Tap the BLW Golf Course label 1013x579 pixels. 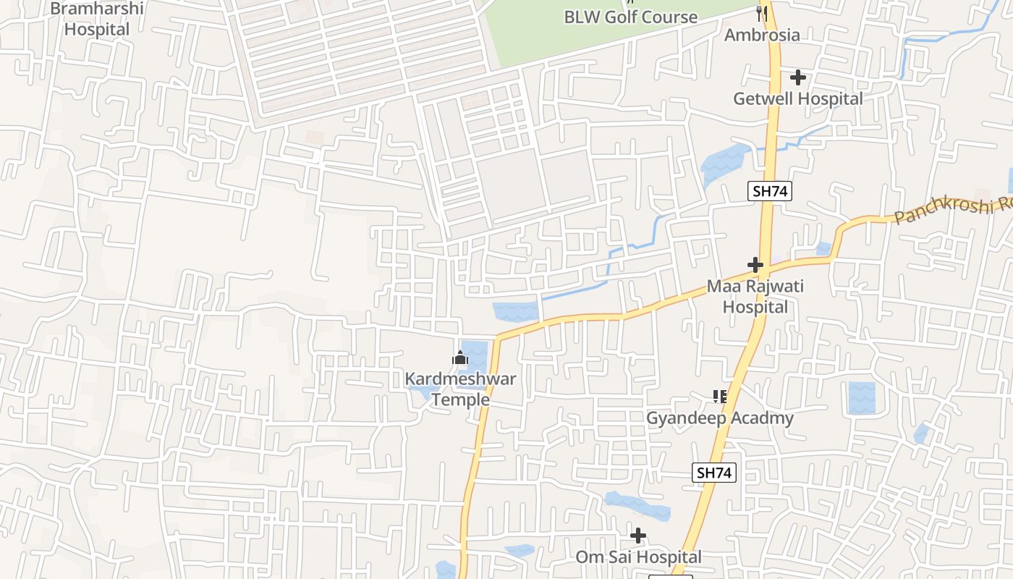pos(630,17)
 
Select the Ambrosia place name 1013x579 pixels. pos(762,35)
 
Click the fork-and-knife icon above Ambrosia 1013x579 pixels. pos(761,12)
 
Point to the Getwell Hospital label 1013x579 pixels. pos(797,98)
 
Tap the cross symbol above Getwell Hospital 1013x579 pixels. pos(798,77)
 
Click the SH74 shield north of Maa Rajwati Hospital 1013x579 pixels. pos(770,191)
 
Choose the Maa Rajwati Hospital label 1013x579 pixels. pos(755,296)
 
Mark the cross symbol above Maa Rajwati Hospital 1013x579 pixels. pos(755,265)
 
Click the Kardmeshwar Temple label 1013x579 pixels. pos(460,389)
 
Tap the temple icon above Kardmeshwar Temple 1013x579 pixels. pos(459,358)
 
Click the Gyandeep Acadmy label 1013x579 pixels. pos(719,418)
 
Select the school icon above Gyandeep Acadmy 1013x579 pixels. pos(719,396)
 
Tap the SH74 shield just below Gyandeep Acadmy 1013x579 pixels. pos(714,473)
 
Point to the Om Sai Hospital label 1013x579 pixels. pos(638,557)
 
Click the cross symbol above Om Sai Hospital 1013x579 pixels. pos(638,536)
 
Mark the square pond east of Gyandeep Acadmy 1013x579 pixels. pos(861,397)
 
